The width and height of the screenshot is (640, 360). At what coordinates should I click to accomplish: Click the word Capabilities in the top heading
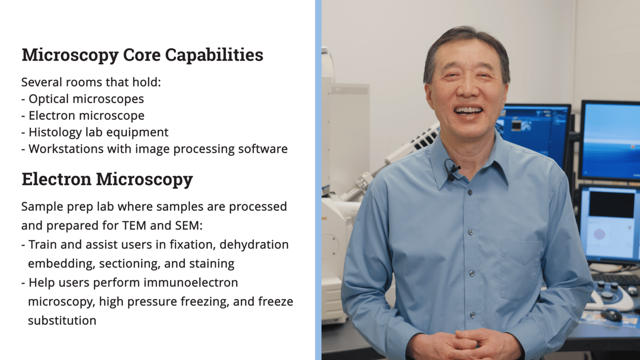click(x=214, y=55)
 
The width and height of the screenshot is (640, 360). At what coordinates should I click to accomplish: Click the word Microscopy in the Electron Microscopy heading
click(x=144, y=180)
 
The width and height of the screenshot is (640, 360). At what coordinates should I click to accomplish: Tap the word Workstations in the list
click(x=66, y=149)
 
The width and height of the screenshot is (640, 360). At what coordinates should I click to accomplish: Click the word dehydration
click(x=254, y=245)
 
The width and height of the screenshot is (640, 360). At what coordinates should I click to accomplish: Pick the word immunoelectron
click(x=191, y=283)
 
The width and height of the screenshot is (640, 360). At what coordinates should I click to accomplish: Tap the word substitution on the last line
click(x=62, y=320)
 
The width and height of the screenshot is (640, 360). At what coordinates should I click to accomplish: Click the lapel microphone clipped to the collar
click(x=452, y=170)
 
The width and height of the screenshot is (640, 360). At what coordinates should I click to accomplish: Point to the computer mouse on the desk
click(x=612, y=315)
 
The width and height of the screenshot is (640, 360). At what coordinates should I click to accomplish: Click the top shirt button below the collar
click(x=470, y=193)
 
